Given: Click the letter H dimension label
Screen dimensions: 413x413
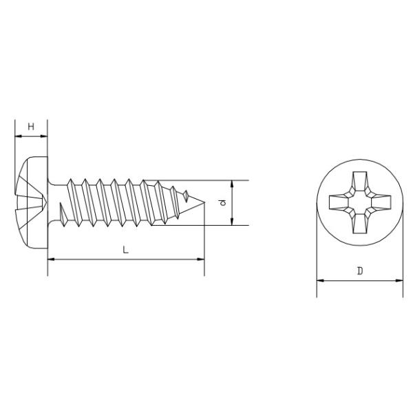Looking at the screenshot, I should coord(31,126).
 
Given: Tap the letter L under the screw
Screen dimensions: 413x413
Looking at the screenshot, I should coord(125,250).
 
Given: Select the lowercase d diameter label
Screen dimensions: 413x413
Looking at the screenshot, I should coord(222,203).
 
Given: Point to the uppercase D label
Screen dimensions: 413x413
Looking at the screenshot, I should coord(360,271).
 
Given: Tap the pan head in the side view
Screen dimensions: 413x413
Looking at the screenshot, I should coord(31,203).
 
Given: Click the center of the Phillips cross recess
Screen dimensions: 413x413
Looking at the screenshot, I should coord(360,203).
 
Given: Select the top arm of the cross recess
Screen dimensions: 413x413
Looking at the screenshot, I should coord(360,180).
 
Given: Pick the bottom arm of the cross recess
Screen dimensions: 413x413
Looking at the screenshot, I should coord(360,226).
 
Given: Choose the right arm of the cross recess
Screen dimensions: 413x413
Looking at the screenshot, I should coord(383,203).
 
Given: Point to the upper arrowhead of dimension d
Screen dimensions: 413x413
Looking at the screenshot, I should coord(233,185).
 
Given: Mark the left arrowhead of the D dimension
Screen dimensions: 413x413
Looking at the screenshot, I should coord(320,281).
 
